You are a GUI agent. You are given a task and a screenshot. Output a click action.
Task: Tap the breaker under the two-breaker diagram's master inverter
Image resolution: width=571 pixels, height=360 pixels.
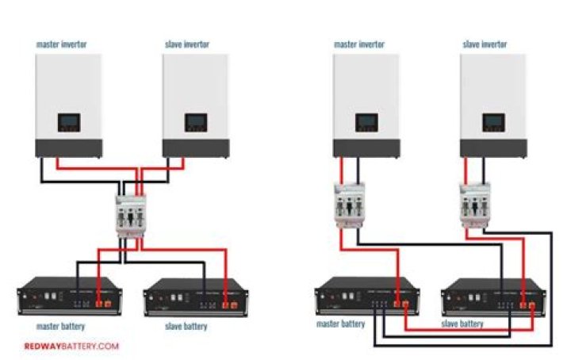pos(347,207)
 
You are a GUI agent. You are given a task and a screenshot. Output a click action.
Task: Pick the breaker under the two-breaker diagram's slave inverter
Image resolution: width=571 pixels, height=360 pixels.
pos(473,207)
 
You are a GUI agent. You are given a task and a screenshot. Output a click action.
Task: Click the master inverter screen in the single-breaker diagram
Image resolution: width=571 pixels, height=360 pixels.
pos(69,123)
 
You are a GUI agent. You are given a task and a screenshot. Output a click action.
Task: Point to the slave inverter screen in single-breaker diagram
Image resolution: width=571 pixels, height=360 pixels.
pos(196,123)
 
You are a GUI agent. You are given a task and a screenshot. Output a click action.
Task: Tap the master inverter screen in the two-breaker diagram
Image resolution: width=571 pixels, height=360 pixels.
pos(366,123)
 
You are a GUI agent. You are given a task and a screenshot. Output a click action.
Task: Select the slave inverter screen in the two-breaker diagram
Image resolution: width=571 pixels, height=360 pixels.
pos(493,123)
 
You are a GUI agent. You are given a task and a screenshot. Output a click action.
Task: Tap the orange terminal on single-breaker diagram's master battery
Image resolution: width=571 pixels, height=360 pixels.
pos(102,303)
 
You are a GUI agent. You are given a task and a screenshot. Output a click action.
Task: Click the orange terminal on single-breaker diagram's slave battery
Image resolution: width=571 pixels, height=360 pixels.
pos(228,303)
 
